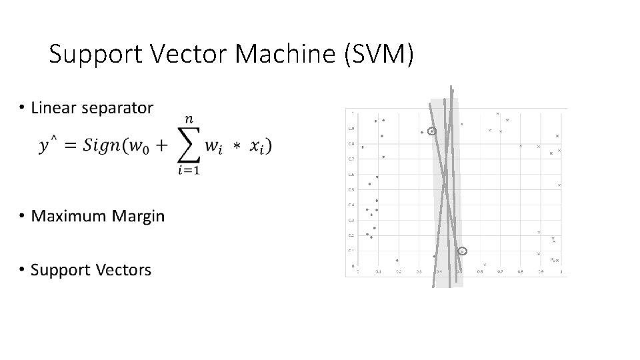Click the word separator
[117, 108]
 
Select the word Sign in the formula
[100, 146]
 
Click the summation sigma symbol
[190, 145]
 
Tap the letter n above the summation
[190, 119]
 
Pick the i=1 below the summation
[190, 171]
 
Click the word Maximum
[69, 216]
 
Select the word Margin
[138, 216]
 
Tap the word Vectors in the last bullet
[124, 270]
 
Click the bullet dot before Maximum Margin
[22, 215]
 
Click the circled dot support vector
[432, 132]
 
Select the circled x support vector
[463, 251]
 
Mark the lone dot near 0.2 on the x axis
[397, 261]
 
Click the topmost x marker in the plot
[497, 114]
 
